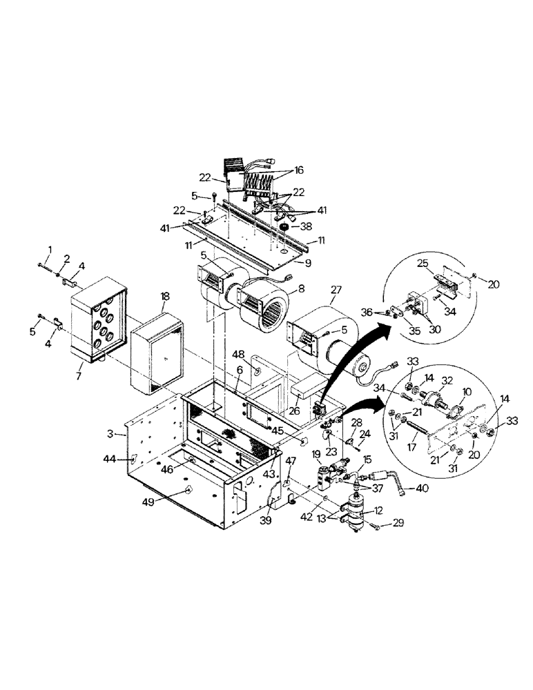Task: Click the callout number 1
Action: coord(49,249)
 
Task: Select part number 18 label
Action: coord(165,295)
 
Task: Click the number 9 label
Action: coord(308,262)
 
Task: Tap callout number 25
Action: coord(424,264)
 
